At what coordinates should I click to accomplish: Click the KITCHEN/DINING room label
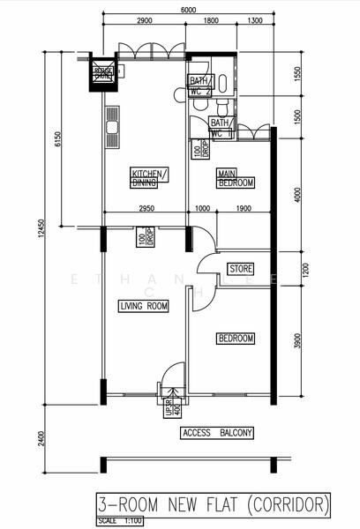pos(149,178)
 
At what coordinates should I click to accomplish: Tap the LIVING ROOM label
pos(143,306)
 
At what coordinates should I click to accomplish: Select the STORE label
pos(241,268)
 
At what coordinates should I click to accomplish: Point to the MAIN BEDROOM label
pos(236,178)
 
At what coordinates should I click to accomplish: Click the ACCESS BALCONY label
pos(216,433)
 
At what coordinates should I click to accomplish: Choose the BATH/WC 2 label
pos(200,86)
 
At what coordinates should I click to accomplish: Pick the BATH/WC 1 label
pos(221,128)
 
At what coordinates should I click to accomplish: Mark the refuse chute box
pos(104,75)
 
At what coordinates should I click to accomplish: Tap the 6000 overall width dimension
pos(189,10)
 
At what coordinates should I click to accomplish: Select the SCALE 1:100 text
pos(118,522)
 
